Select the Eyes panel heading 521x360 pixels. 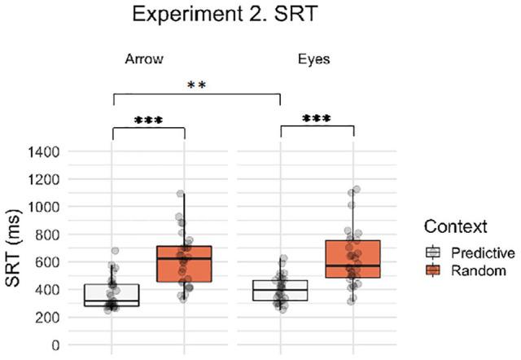pos(313,59)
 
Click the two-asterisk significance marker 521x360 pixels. pos(196,86)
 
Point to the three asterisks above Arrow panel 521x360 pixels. pos(148,120)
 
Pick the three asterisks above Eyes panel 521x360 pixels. pos(316,120)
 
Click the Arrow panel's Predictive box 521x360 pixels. pos(112,295)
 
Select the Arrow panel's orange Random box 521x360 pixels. pos(184,275)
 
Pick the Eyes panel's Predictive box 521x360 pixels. pos(280,290)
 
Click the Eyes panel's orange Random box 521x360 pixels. pos(352,259)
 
